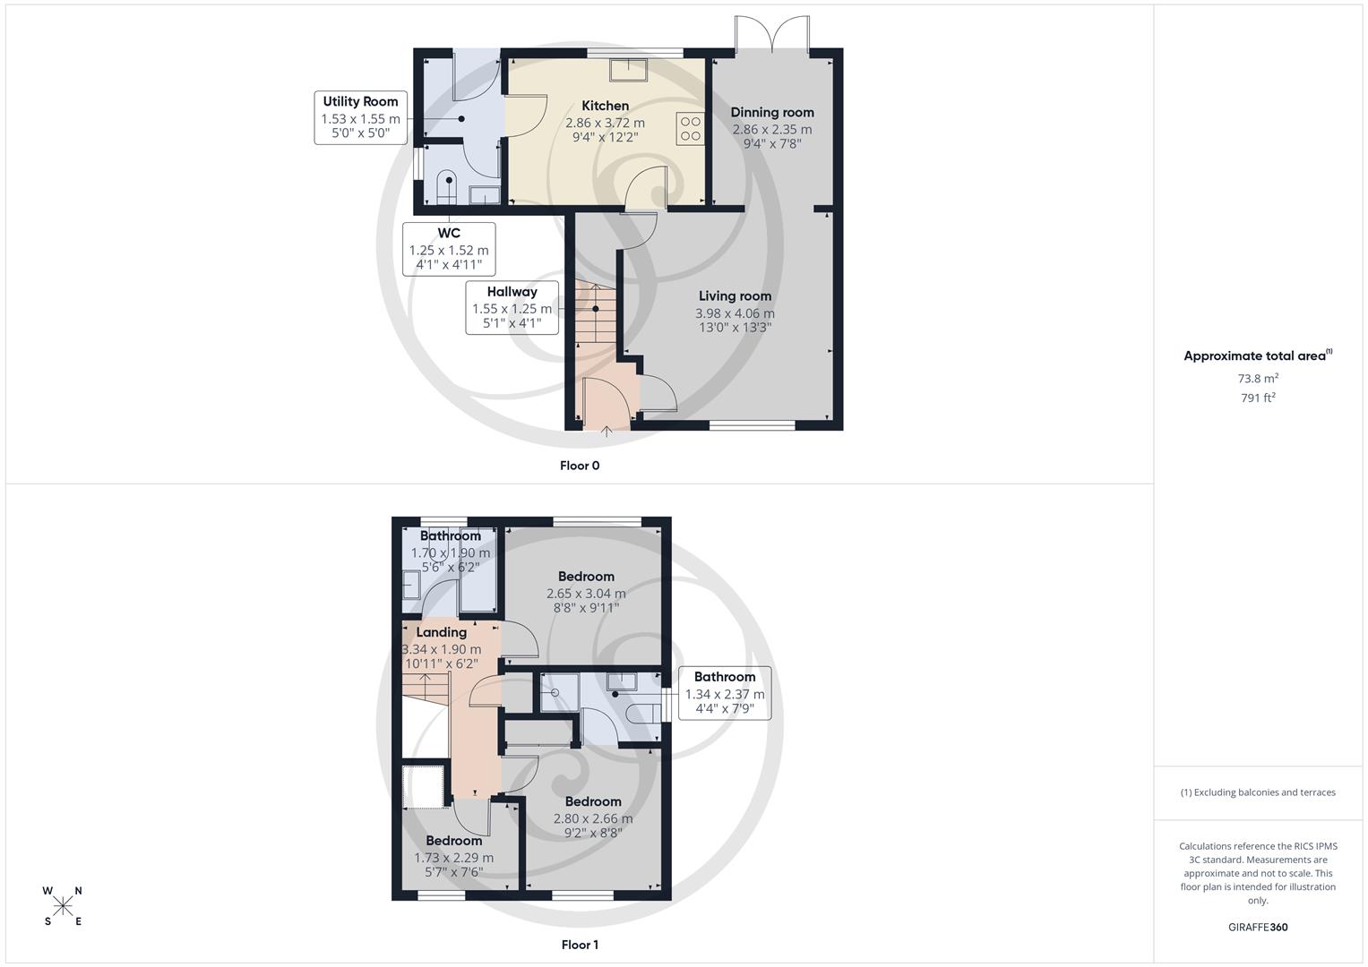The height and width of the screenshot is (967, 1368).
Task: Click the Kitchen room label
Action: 605,106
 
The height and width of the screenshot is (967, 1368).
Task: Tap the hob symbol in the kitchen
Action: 690,129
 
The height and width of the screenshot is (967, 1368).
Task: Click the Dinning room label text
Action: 771,112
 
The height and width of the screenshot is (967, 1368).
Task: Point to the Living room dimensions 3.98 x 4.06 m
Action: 735,313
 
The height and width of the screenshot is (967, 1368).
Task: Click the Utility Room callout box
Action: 361,117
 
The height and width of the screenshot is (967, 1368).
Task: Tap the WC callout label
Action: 449,249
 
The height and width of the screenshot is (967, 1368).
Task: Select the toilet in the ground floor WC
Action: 447,189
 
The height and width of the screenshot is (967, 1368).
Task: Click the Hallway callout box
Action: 512,307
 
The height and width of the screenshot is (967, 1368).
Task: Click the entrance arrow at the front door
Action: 607,432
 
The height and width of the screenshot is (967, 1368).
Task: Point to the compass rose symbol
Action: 63,906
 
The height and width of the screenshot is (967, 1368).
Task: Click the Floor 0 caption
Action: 580,466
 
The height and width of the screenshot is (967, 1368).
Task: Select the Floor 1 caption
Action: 580,945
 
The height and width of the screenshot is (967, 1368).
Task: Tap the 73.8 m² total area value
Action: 1258,379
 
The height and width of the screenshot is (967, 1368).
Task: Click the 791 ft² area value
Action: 1258,398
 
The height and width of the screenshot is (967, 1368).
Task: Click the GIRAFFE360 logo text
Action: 1258,927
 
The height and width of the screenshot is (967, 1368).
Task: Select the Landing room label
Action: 441,632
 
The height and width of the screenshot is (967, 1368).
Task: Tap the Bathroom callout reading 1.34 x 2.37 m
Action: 724,693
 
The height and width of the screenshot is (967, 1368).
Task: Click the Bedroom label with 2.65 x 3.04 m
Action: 586,577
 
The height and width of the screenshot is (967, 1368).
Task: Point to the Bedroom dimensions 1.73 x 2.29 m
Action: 453,858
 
